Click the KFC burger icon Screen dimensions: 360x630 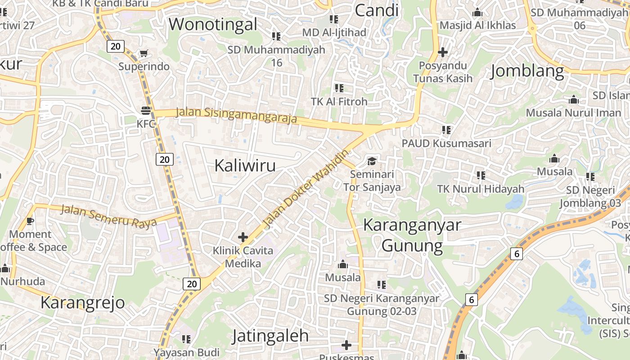145,110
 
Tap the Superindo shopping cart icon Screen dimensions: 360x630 144,54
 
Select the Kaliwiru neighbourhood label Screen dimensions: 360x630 245,165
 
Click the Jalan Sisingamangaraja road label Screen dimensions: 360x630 236,115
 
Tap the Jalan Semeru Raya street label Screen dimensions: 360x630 108,216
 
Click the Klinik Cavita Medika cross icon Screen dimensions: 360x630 243,237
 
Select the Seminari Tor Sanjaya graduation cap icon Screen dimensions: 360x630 372,161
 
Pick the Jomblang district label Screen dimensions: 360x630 527,71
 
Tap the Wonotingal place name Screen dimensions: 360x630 213,24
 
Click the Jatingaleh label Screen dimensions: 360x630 271,336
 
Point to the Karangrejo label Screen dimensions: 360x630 83,302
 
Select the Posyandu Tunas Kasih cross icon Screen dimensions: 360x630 443,52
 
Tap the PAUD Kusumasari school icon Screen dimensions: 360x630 446,130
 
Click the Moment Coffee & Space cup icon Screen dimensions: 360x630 30,221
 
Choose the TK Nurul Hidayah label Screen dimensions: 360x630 481,189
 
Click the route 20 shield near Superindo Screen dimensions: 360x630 116,46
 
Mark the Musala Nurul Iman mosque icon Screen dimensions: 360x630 573,99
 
